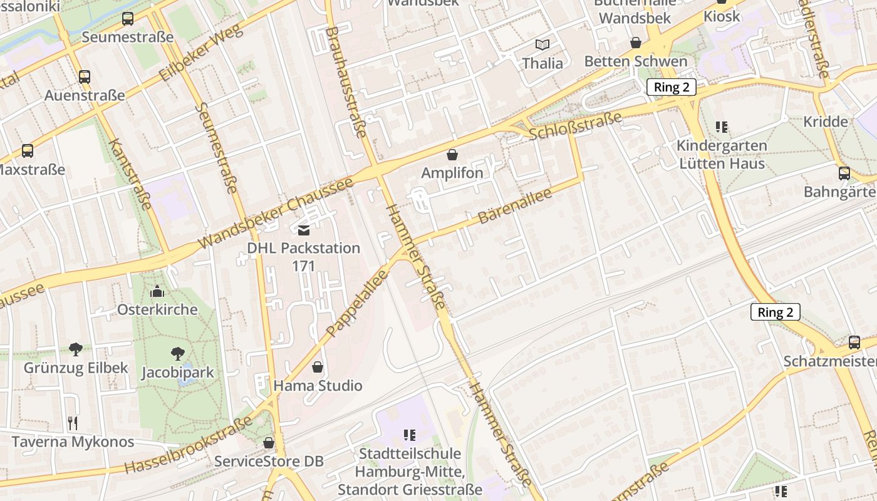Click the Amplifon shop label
tap(452, 173)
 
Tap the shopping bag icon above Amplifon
tap(452, 155)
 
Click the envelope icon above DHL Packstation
tap(304, 230)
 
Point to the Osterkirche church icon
tap(157, 291)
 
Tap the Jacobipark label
tap(177, 373)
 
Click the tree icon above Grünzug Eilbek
tap(76, 349)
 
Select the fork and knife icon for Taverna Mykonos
tap(73, 423)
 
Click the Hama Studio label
tap(318, 385)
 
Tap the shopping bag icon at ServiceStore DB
tap(269, 443)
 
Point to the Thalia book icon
tap(542, 44)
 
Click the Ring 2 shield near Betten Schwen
tap(672, 87)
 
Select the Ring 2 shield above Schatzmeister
tap(776, 312)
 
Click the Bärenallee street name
tap(515, 206)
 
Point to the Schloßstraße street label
tap(575, 126)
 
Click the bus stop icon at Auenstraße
tap(85, 77)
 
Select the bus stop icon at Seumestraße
tap(128, 19)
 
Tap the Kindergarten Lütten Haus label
tap(722, 155)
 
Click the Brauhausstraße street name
tap(345, 81)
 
